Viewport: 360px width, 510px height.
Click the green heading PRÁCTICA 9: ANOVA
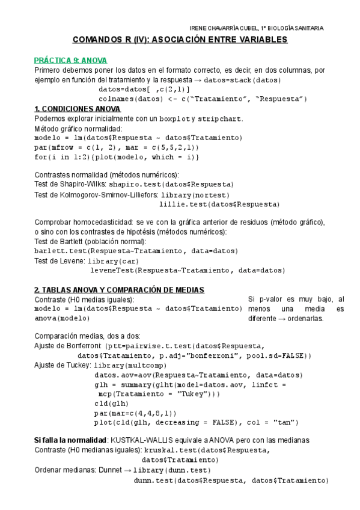point(70,60)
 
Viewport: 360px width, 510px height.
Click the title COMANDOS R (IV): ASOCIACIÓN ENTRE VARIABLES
point(180,40)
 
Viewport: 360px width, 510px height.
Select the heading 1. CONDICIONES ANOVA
point(77,109)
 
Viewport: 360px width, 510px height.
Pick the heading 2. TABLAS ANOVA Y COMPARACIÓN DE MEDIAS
point(119,290)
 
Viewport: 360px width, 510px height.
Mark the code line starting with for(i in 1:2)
point(117,157)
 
